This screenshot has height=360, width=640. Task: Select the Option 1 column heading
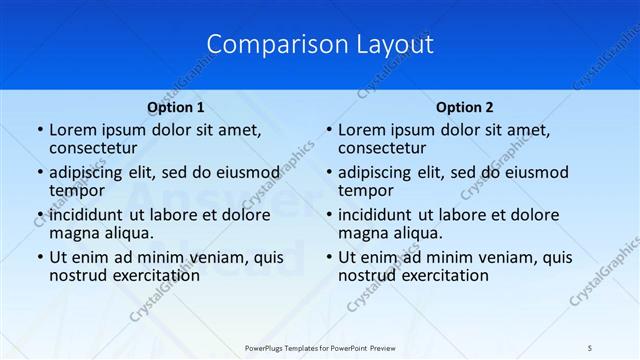click(x=175, y=107)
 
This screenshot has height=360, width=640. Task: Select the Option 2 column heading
click(x=465, y=107)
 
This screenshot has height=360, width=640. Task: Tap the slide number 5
click(x=590, y=347)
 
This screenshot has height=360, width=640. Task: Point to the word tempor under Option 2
click(x=366, y=190)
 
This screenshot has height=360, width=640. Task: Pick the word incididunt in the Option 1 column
click(x=86, y=216)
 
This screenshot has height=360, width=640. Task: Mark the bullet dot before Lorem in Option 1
click(x=39, y=131)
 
